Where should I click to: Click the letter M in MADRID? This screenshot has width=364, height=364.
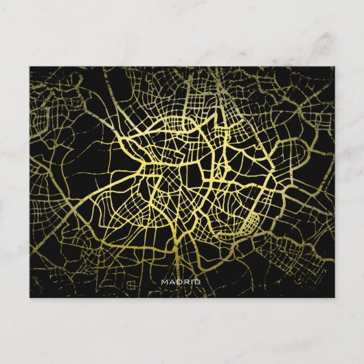point(163,282)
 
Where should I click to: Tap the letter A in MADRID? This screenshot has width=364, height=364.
point(171,282)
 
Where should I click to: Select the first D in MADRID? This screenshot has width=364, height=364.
point(178,282)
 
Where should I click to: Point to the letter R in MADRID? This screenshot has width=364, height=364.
point(185,282)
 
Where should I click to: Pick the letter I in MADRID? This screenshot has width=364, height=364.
point(190,282)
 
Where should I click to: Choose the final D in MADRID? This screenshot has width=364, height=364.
point(196,282)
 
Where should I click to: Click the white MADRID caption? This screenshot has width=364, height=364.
point(180,282)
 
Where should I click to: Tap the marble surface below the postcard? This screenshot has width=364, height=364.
point(182,330)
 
